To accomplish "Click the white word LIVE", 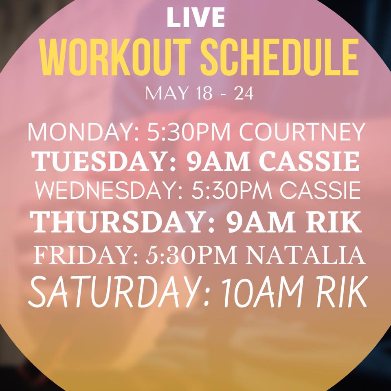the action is click(x=196, y=17).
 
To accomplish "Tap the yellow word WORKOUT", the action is click(x=116, y=57).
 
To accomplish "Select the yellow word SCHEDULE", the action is click(x=279, y=57).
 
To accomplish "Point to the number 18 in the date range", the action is click(x=204, y=94).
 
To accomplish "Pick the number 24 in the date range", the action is click(x=244, y=94).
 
